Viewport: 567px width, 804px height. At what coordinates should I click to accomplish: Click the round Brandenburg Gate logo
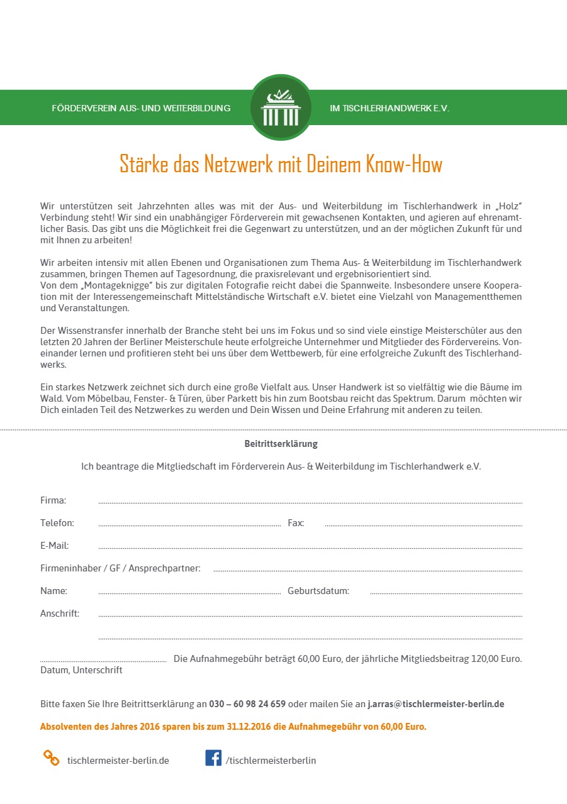click(x=281, y=107)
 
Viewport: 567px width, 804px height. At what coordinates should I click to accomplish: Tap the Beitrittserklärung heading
click(x=281, y=444)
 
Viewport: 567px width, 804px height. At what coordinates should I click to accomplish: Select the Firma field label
click(x=53, y=500)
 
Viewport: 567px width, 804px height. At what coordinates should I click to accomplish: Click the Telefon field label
click(x=57, y=523)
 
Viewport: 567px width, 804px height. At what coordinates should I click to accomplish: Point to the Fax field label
click(x=296, y=523)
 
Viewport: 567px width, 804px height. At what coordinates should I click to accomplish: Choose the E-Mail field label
click(x=55, y=546)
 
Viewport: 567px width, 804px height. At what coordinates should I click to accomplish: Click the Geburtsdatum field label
click(x=318, y=591)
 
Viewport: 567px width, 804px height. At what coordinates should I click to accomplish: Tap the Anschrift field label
click(x=60, y=614)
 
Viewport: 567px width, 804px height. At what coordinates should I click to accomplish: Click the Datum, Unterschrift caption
click(x=81, y=670)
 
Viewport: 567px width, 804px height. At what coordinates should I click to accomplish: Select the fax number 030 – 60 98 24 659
click(x=247, y=704)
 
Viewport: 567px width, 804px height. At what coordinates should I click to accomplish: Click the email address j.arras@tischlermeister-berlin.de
click(x=436, y=704)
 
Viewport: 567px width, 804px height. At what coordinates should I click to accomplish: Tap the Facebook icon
click(x=213, y=758)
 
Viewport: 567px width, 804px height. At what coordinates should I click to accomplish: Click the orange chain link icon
click(x=51, y=758)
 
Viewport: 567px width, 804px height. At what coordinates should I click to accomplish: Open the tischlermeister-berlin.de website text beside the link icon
click(x=118, y=761)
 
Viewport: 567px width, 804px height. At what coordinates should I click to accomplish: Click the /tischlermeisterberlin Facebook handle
click(x=271, y=761)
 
